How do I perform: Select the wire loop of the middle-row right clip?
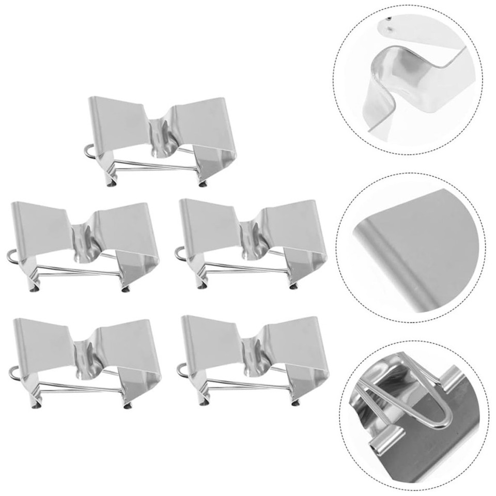pos(179,253)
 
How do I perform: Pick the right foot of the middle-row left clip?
pos(127,287)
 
